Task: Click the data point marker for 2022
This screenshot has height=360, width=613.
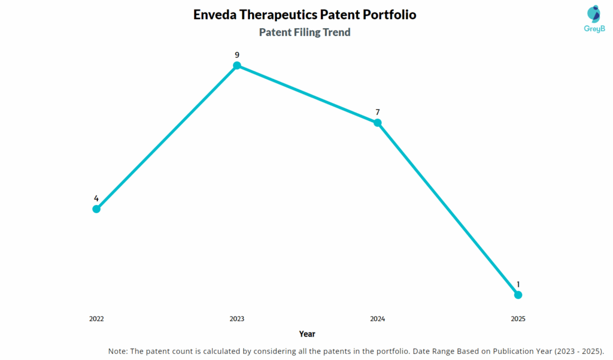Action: point(96,208)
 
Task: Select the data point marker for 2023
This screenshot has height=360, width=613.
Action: point(237,65)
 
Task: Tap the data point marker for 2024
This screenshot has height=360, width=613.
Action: point(378,123)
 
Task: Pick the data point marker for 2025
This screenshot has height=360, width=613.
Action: point(518,295)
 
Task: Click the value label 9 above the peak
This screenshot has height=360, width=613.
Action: point(237,55)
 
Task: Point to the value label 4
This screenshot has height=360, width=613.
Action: point(96,198)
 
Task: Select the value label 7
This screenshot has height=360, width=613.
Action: point(378,112)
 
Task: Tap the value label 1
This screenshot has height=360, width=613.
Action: point(518,285)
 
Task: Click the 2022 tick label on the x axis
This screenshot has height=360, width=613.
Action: point(96,319)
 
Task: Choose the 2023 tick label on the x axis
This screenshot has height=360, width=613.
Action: point(237,319)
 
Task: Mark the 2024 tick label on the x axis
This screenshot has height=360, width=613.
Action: point(378,319)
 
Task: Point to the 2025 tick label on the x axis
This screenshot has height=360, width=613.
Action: point(518,319)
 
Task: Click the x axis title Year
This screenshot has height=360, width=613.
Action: point(307,334)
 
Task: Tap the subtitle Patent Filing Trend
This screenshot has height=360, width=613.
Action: point(305,32)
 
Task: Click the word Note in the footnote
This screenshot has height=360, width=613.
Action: point(117,350)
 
